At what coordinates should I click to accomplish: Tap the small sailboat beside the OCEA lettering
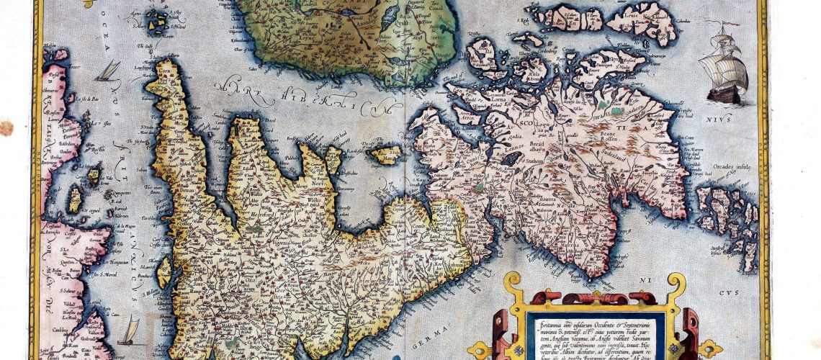point(109,71)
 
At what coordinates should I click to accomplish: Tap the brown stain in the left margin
point(6,128)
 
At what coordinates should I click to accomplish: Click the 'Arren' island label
point(467,113)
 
